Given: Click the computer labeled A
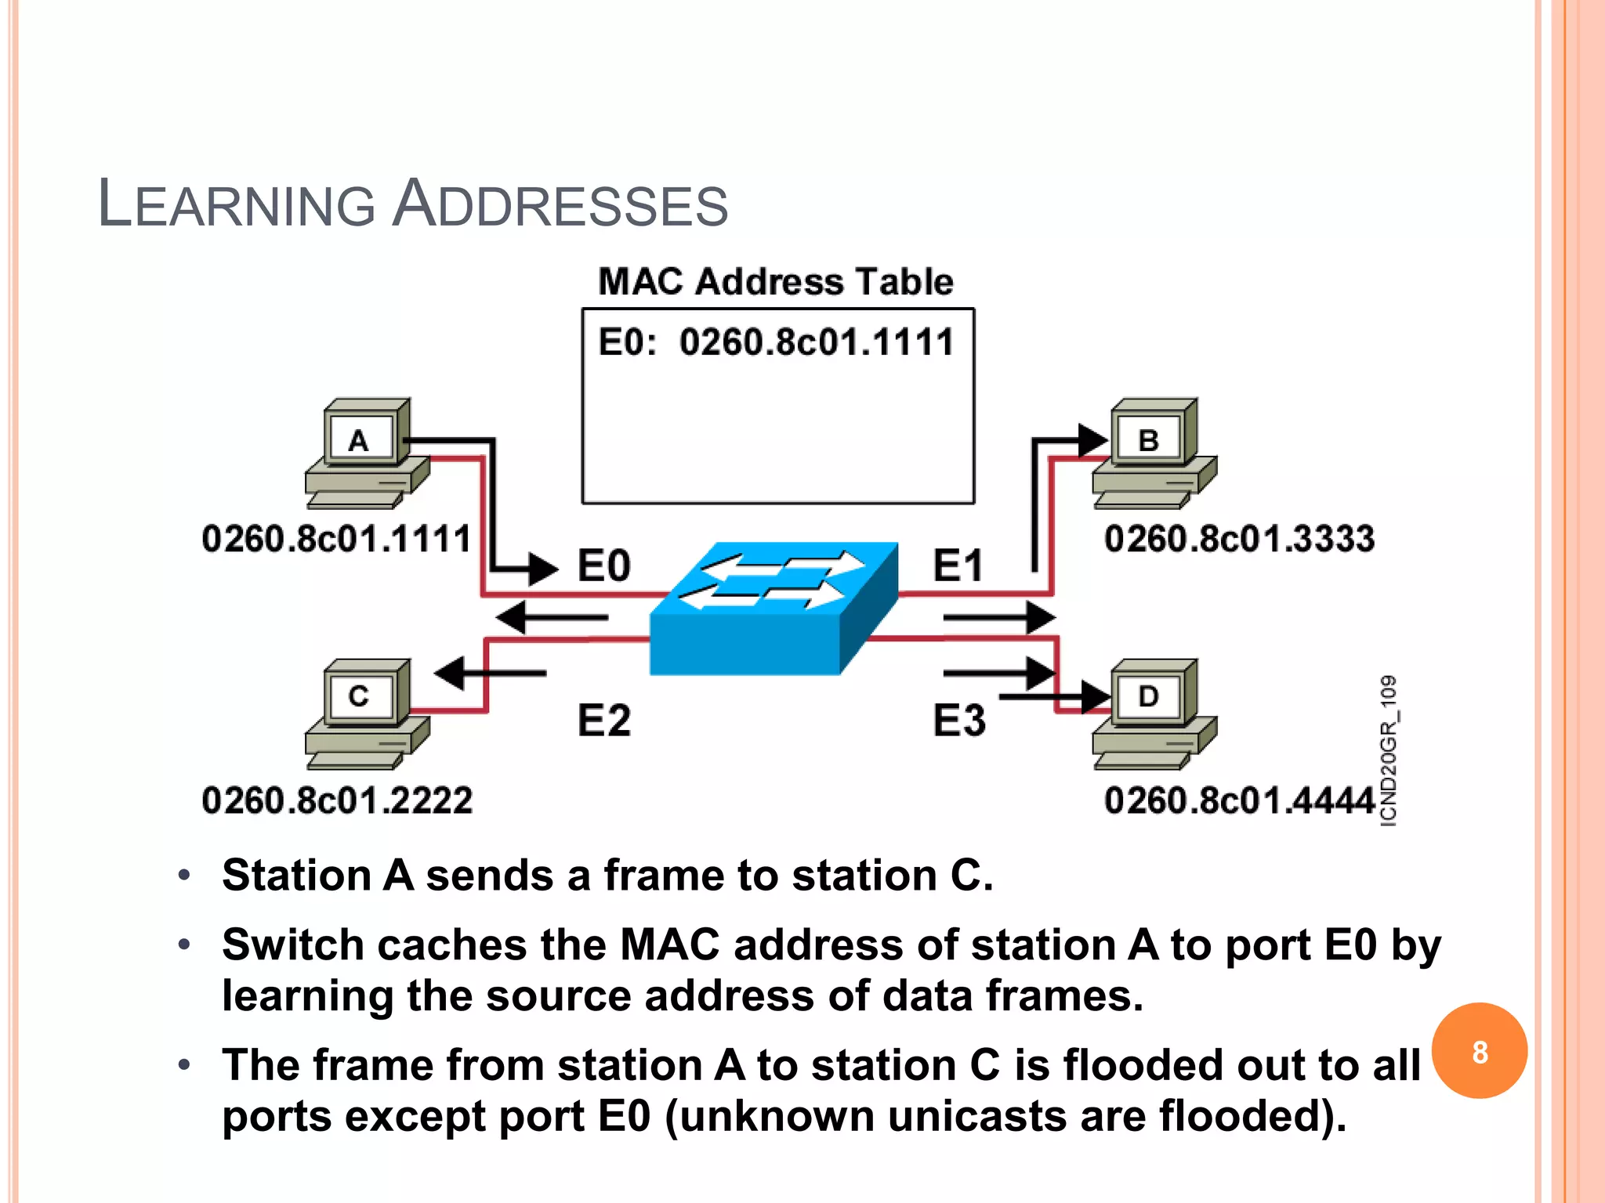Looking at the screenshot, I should (x=366, y=453).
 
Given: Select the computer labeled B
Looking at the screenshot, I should (x=1154, y=453).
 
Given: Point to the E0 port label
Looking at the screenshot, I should (x=603, y=565).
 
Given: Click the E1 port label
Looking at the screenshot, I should (x=958, y=565).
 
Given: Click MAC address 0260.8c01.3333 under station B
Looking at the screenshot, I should (x=1239, y=540).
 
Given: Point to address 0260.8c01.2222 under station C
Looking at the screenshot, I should (x=337, y=801).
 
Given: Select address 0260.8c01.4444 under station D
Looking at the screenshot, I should (x=1239, y=801).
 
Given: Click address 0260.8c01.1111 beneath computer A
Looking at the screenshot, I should (x=337, y=540).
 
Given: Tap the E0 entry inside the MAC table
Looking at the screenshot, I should (x=776, y=343).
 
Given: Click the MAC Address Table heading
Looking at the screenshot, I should (x=776, y=282).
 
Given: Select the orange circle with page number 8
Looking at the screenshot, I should (x=1479, y=1051).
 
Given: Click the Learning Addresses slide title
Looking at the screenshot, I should (x=413, y=205).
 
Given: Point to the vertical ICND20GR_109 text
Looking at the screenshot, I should (x=1388, y=750).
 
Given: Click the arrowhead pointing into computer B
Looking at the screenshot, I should (x=1092, y=440).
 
